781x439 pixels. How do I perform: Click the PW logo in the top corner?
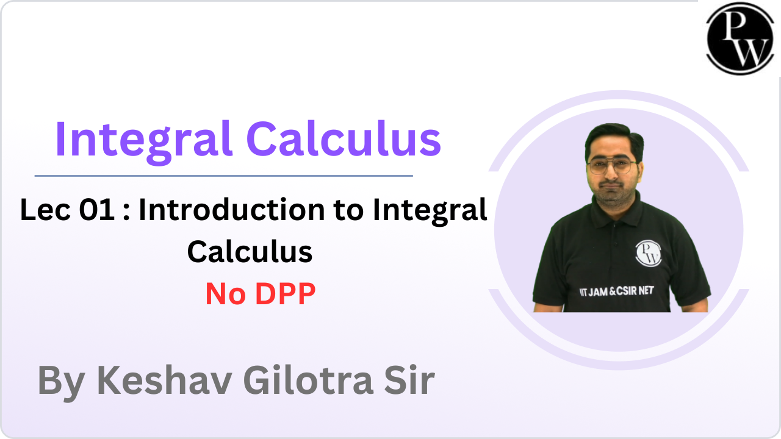tap(740, 38)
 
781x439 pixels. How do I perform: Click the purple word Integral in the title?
tap(143, 139)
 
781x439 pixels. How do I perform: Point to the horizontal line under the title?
tap(223, 176)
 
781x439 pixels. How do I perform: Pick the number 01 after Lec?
tap(97, 210)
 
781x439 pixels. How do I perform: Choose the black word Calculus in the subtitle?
tap(250, 251)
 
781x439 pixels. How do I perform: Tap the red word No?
tap(224, 294)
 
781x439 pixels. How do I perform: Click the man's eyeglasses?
tap(612, 166)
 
